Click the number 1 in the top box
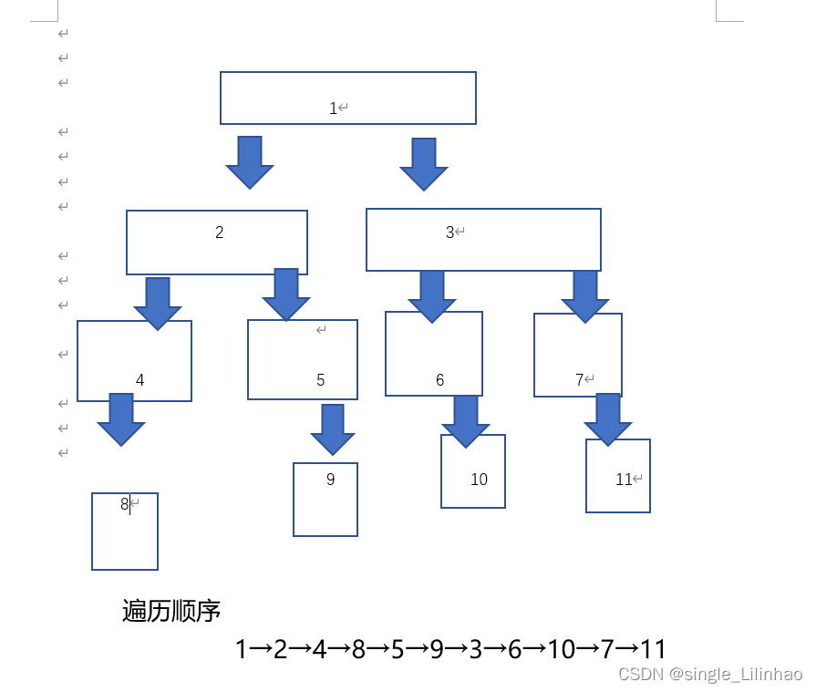[x=334, y=108]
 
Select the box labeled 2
[x=217, y=242]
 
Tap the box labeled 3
[x=483, y=240]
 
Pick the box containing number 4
[x=134, y=365]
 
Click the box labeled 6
[x=434, y=356]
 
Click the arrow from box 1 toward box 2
[x=250, y=161]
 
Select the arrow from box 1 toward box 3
[x=424, y=163]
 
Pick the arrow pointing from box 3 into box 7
[x=584, y=295]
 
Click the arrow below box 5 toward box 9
[x=333, y=429]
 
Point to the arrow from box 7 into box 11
[x=608, y=418]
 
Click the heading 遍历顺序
[x=171, y=611]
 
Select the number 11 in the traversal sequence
[x=653, y=649]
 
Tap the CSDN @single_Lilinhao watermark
[x=710, y=675]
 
